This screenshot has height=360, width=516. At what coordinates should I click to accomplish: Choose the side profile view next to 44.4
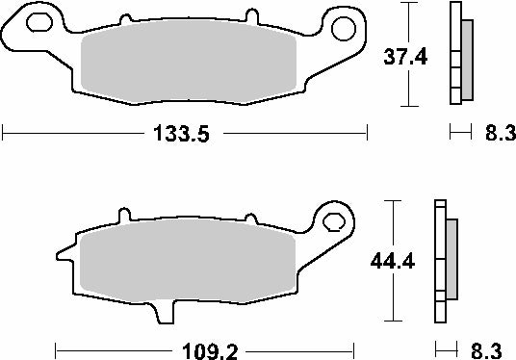click(x=446, y=262)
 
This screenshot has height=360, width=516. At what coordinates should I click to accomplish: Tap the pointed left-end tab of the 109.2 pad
click(x=64, y=255)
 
